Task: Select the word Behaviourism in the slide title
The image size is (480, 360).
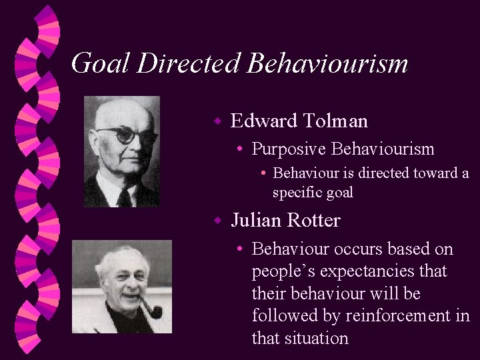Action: pyautogui.click(x=327, y=63)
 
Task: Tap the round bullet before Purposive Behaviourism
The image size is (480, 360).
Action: pyautogui.click(x=239, y=150)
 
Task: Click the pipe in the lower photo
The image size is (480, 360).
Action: pyautogui.click(x=151, y=308)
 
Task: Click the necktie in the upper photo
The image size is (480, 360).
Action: pyautogui.click(x=124, y=197)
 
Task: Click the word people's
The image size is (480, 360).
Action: pyautogui.click(x=283, y=272)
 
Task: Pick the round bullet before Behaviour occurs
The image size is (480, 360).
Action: pyautogui.click(x=239, y=250)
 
